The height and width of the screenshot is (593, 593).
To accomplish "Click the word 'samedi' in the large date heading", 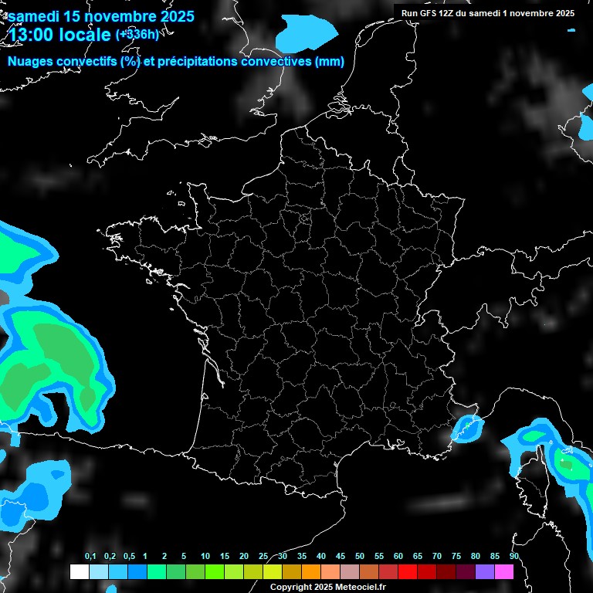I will (x=37, y=15).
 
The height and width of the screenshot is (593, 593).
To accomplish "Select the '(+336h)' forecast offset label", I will (x=137, y=34).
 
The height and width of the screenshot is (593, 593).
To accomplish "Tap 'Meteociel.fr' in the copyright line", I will (x=359, y=588).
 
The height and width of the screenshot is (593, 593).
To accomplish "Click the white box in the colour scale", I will (x=79, y=572).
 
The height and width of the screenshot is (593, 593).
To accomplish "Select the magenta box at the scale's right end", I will (x=504, y=572).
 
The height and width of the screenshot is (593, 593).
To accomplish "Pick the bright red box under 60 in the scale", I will (x=408, y=572).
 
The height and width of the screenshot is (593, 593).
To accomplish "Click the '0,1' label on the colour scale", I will (x=90, y=557).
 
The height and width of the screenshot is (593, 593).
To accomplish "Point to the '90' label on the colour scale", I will (x=513, y=557).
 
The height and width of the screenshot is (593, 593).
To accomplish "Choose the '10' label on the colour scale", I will (x=205, y=557).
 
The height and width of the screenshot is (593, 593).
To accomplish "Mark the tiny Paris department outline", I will (x=306, y=219).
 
